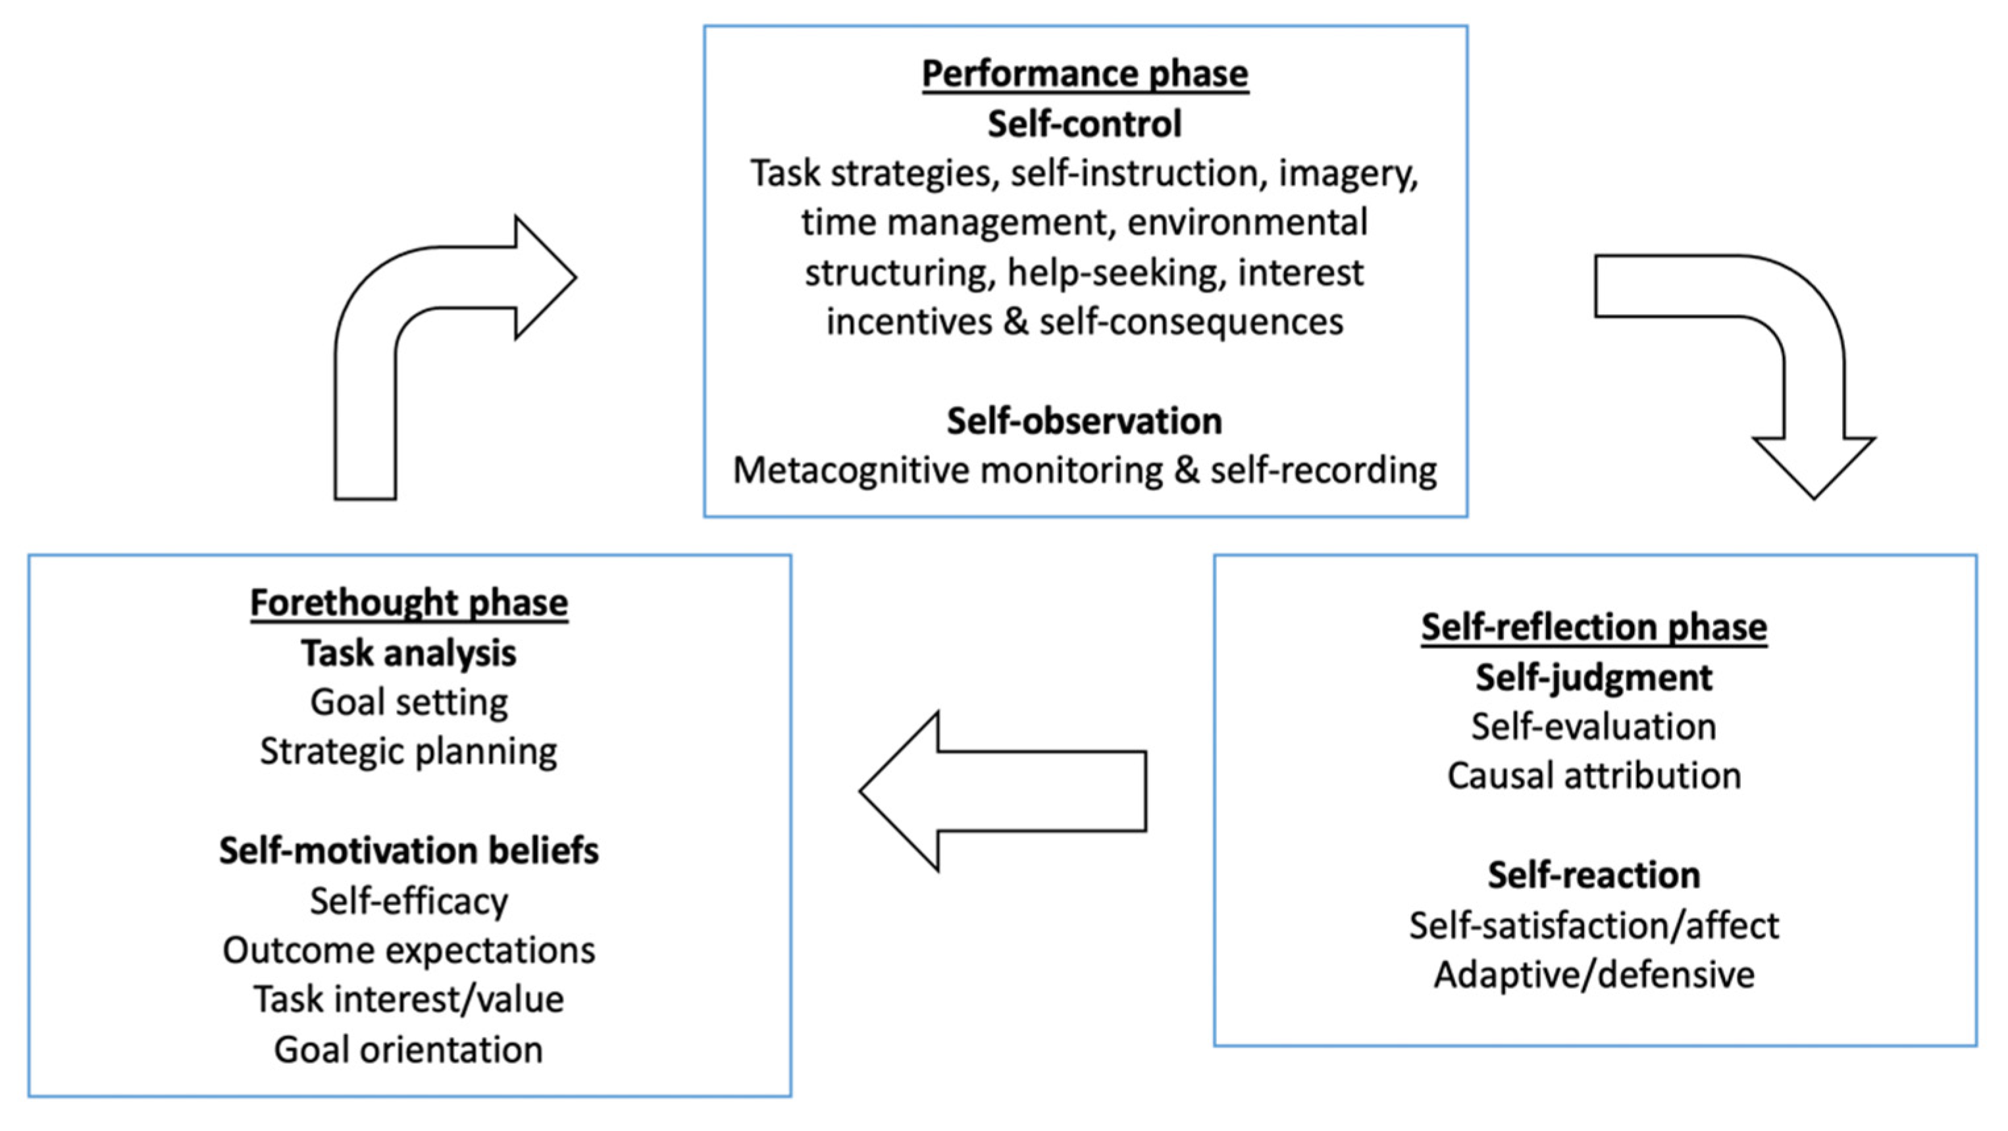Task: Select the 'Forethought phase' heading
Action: pyautogui.click(x=409, y=602)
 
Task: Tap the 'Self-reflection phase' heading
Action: pyautogui.click(x=1593, y=627)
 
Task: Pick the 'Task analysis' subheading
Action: pyautogui.click(x=409, y=652)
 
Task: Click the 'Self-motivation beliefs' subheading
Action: pyautogui.click(x=409, y=851)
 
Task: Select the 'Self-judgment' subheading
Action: pyautogui.click(x=1593, y=677)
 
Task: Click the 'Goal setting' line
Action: pyautogui.click(x=409, y=702)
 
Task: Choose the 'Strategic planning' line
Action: pyautogui.click(x=409, y=751)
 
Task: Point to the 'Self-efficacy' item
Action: pyautogui.click(x=409, y=901)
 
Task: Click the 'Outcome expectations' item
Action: pyautogui.click(x=409, y=950)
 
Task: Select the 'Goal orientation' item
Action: pyautogui.click(x=409, y=1049)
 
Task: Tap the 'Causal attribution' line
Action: pyautogui.click(x=1593, y=776)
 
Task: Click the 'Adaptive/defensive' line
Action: pyautogui.click(x=1593, y=975)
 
